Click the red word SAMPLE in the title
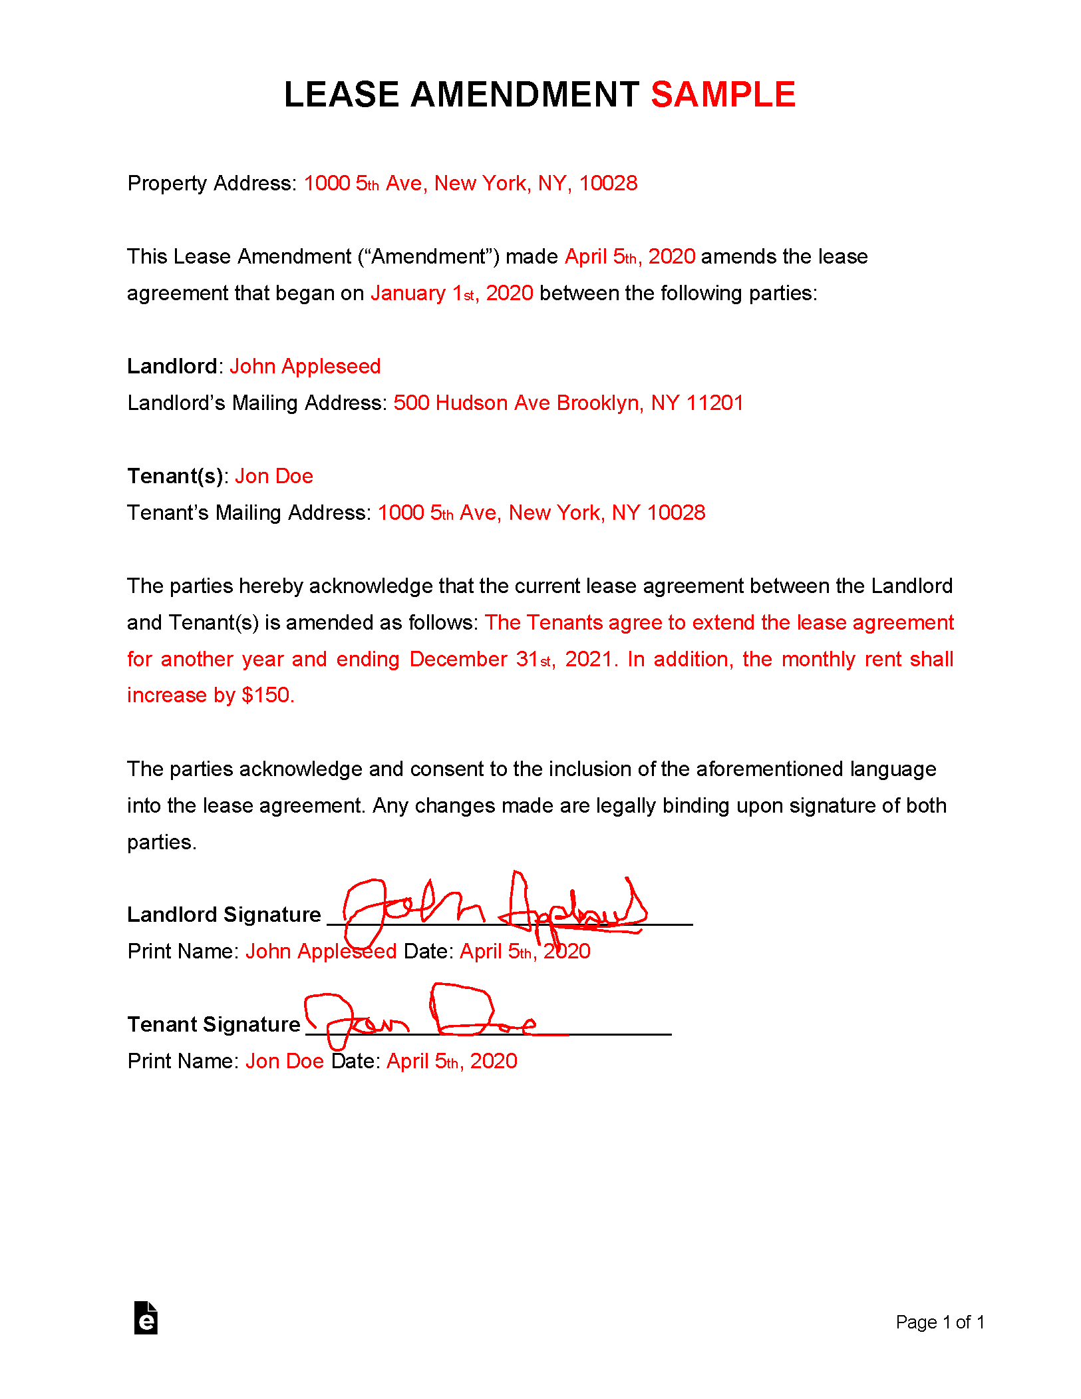pyautogui.click(x=722, y=95)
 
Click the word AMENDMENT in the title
pyautogui.click(x=525, y=95)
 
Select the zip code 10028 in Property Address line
pyautogui.click(x=608, y=183)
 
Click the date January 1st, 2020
pyautogui.click(x=452, y=293)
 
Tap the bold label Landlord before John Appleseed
pyautogui.click(x=172, y=366)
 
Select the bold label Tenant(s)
pyautogui.click(x=175, y=476)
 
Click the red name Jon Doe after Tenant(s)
pyautogui.click(x=274, y=476)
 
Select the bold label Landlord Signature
pyautogui.click(x=224, y=914)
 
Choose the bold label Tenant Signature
pyautogui.click(x=214, y=1024)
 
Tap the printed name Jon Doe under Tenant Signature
pyautogui.click(x=285, y=1061)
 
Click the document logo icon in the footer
pyautogui.click(x=146, y=1318)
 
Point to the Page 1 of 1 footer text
pyautogui.click(x=940, y=1322)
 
